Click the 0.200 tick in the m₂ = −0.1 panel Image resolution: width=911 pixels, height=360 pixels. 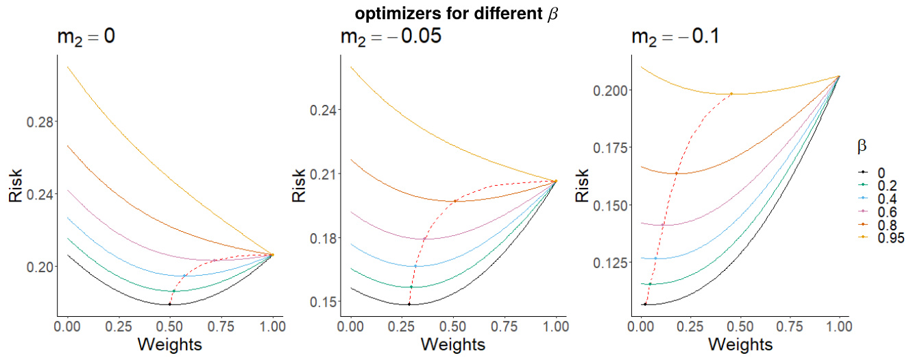pyautogui.click(x=610, y=91)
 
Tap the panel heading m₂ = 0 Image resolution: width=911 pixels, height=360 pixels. pyautogui.click(x=85, y=38)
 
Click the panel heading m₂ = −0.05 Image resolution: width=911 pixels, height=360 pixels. pyautogui.click(x=390, y=37)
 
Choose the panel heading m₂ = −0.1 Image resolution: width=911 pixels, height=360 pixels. pyautogui.click(x=675, y=37)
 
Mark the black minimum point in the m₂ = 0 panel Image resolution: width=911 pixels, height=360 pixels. pyautogui.click(x=169, y=304)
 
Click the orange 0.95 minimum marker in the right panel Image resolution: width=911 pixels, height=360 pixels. pyautogui.click(x=731, y=94)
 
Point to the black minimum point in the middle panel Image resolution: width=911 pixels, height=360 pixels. pyautogui.click(x=409, y=304)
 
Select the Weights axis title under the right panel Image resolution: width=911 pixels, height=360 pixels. pyautogui.click(x=738, y=344)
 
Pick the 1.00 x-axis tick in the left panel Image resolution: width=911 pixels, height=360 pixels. pyautogui.click(x=273, y=328)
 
